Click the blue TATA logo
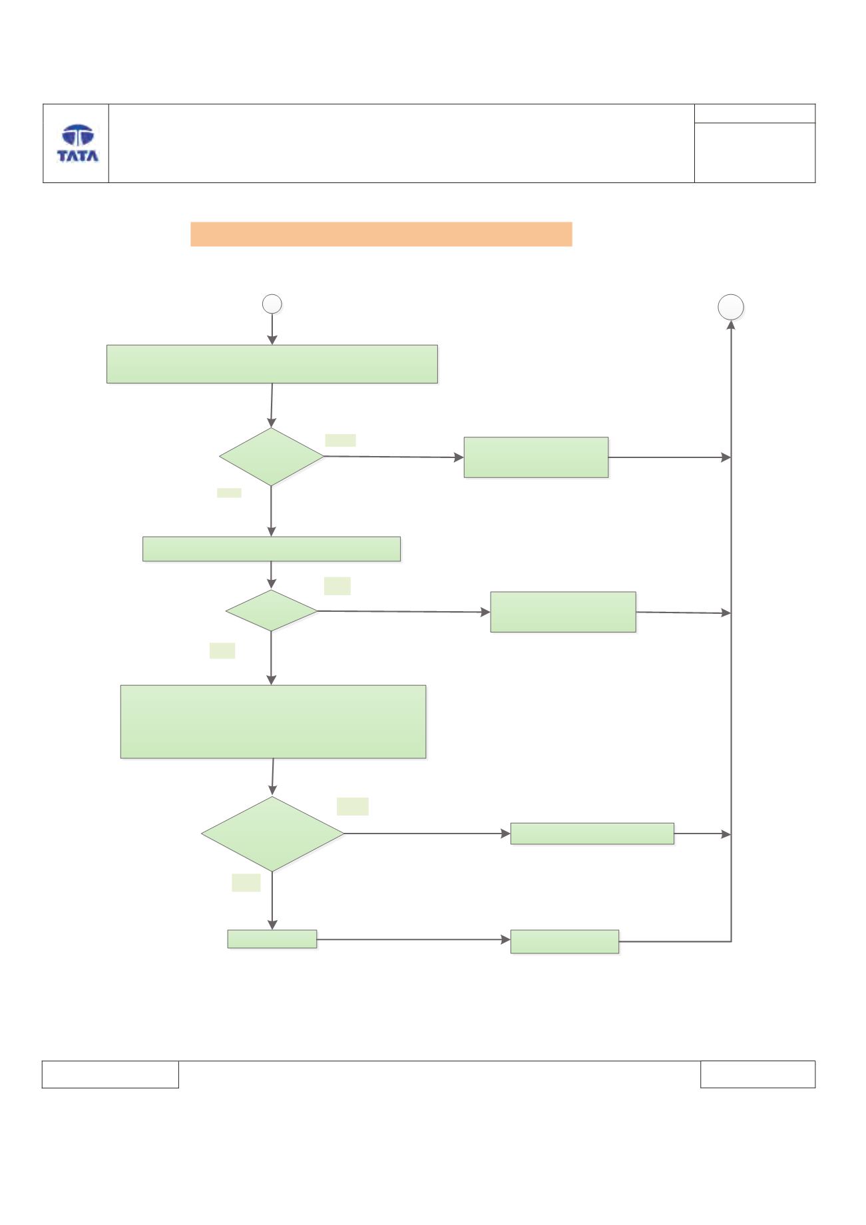78,143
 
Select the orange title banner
381,234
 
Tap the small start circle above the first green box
272,304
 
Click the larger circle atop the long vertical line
731,307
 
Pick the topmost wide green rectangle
272,364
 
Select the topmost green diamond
272,457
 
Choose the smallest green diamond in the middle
272,611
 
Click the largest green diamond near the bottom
272,834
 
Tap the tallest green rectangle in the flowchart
273,722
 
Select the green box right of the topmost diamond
536,457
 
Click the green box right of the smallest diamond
563,612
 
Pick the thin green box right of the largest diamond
592,834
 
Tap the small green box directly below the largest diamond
272,939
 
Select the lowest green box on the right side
564,941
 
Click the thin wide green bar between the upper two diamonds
272,549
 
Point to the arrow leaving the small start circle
272,329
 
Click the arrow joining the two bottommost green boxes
413,939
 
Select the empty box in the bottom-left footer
110,1075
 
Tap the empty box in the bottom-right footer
758,1075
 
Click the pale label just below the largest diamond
246,883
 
